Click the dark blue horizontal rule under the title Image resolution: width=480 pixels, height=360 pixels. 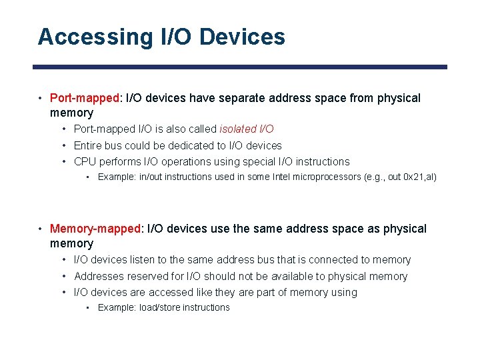[240, 67]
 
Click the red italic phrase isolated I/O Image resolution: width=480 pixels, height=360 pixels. [247, 129]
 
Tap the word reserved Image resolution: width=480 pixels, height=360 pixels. [152, 276]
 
